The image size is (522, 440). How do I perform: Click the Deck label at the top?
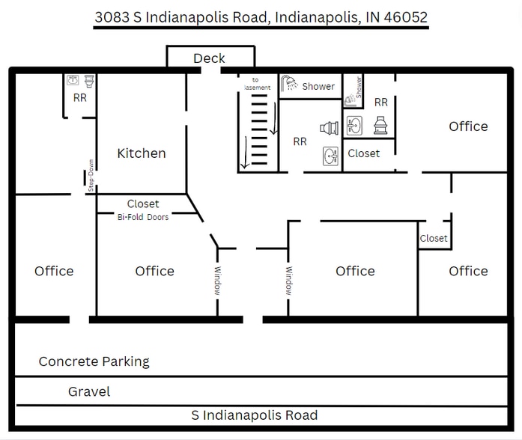pos(209,58)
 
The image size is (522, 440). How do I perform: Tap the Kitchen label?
pos(142,153)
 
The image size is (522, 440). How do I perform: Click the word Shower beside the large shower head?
pos(318,86)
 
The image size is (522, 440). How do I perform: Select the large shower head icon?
pos(289,85)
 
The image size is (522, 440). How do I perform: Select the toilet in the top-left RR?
pos(88,79)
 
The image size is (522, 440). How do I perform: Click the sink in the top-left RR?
pos(73,79)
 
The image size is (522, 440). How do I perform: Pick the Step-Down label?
pos(91,178)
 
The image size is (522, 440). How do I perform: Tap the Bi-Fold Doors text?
pos(142,217)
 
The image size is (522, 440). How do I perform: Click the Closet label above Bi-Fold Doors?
pos(143,204)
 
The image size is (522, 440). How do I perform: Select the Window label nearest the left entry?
pos(218,281)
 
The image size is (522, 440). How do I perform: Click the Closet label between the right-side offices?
pos(434,239)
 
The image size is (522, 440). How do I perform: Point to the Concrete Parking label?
pos(94,361)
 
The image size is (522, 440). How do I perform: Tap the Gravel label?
pos(89,391)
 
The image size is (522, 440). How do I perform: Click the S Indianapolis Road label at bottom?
pos(255,415)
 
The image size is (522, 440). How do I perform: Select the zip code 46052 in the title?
pos(405,16)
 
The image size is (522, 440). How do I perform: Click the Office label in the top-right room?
pos(468,126)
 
